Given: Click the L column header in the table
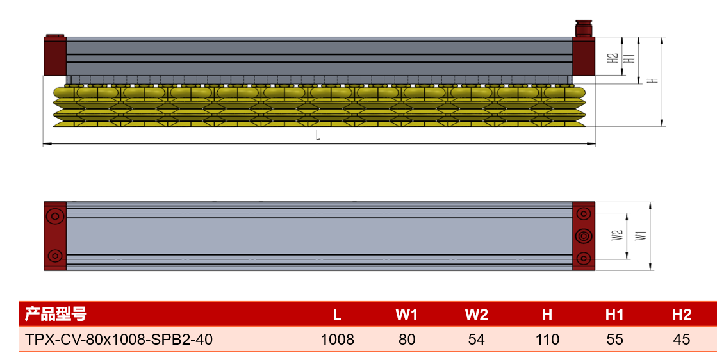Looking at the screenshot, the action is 337,315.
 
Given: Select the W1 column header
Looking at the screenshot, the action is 406,315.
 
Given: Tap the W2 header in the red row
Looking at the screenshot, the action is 477,315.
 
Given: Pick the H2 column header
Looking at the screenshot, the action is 682,315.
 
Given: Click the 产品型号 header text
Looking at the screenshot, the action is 55,315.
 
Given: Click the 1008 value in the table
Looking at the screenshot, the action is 338,340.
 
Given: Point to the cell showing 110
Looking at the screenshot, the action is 547,340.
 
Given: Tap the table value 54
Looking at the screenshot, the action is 477,340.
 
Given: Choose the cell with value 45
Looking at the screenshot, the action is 682,340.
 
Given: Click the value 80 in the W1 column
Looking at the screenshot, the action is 407,340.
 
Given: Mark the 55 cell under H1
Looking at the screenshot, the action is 614,340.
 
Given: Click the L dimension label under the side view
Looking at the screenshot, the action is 318,136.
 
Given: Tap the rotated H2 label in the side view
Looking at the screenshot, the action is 613,58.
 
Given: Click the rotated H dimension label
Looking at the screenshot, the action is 652,80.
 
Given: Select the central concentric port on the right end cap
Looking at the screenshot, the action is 584,236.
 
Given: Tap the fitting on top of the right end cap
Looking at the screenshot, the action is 584,28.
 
